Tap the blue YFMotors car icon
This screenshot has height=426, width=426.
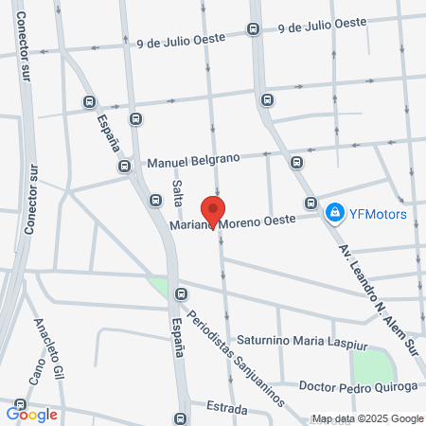[333, 213]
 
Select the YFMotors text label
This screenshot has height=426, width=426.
[377, 213]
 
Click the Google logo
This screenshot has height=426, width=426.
[32, 414]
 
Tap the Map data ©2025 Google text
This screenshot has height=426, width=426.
[368, 418]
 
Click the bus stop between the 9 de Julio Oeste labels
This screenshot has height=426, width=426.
[252, 28]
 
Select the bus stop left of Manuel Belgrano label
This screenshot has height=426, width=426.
[125, 167]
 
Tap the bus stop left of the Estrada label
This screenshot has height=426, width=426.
[181, 417]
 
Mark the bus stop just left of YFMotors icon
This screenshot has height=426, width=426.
[311, 203]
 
